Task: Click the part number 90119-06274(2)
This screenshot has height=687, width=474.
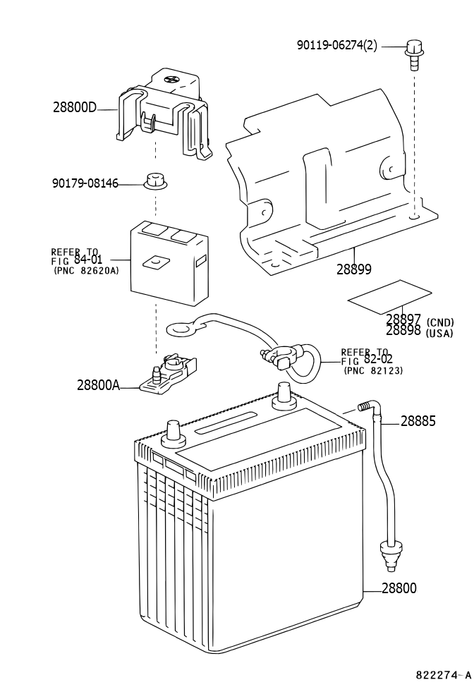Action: click(337, 45)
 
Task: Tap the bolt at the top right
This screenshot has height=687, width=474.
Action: click(413, 54)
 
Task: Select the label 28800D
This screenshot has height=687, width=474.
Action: click(75, 107)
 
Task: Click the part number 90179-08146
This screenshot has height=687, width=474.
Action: click(85, 183)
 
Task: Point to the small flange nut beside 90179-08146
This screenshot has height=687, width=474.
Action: click(155, 181)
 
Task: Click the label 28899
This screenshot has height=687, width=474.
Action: click(354, 269)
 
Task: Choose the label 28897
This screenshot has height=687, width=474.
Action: click(403, 320)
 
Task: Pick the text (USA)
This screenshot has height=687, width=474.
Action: click(439, 334)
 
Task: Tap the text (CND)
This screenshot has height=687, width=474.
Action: click(440, 322)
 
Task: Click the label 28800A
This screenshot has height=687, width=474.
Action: click(98, 385)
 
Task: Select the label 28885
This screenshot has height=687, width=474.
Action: click(418, 422)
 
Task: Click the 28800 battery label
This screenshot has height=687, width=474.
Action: click(399, 588)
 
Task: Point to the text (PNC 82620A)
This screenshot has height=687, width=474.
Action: click(86, 271)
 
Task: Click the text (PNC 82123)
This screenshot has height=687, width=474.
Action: click(374, 371)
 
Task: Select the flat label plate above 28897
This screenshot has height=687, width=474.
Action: click(389, 297)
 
